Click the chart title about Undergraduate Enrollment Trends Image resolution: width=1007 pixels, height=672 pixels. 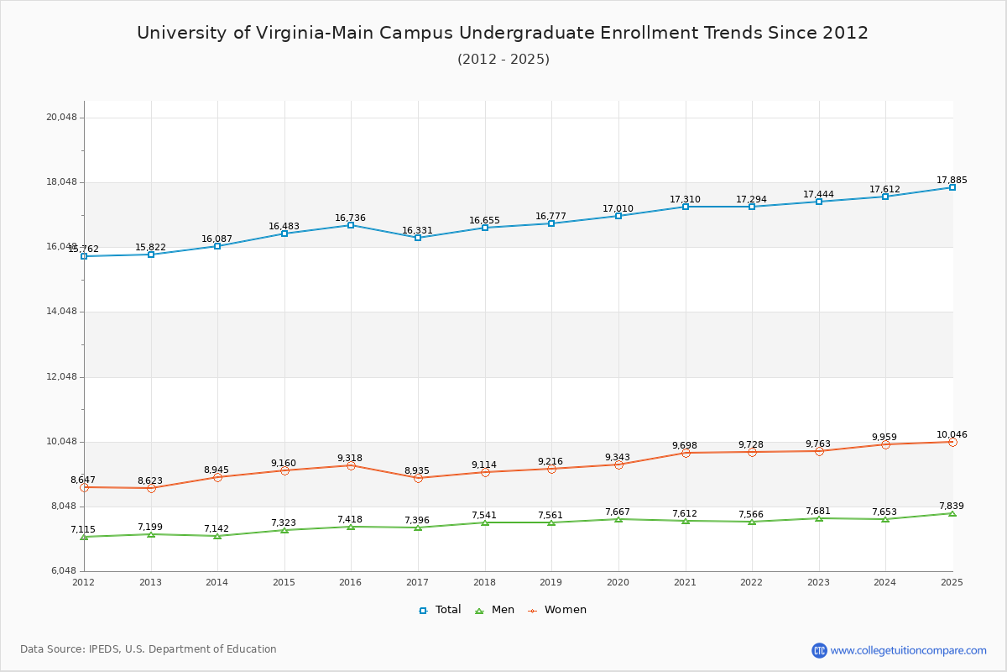503,33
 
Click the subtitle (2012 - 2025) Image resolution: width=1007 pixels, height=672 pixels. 503,60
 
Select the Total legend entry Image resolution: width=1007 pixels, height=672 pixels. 440,610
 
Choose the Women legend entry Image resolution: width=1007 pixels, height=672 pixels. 557,610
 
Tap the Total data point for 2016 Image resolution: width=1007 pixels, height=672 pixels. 351,225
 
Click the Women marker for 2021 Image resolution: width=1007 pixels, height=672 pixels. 686,453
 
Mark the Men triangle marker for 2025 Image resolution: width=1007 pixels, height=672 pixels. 952,513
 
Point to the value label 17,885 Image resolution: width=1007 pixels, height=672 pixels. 952,181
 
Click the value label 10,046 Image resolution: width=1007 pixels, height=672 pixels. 952,435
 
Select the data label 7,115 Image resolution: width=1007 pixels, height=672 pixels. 83,530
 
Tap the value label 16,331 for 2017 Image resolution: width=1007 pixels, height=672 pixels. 417,231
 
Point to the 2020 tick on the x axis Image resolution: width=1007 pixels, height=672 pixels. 618,582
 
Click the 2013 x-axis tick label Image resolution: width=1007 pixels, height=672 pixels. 150,582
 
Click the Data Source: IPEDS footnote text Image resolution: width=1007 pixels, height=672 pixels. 149,649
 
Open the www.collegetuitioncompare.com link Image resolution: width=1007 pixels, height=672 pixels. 908,650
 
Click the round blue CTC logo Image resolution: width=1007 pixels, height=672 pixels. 819,650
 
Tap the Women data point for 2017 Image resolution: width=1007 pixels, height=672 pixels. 418,478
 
